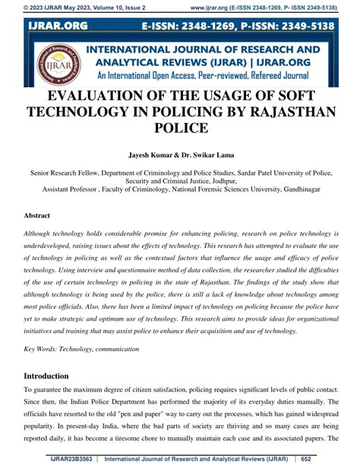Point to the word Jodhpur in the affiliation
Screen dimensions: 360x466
click(x=220, y=180)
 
